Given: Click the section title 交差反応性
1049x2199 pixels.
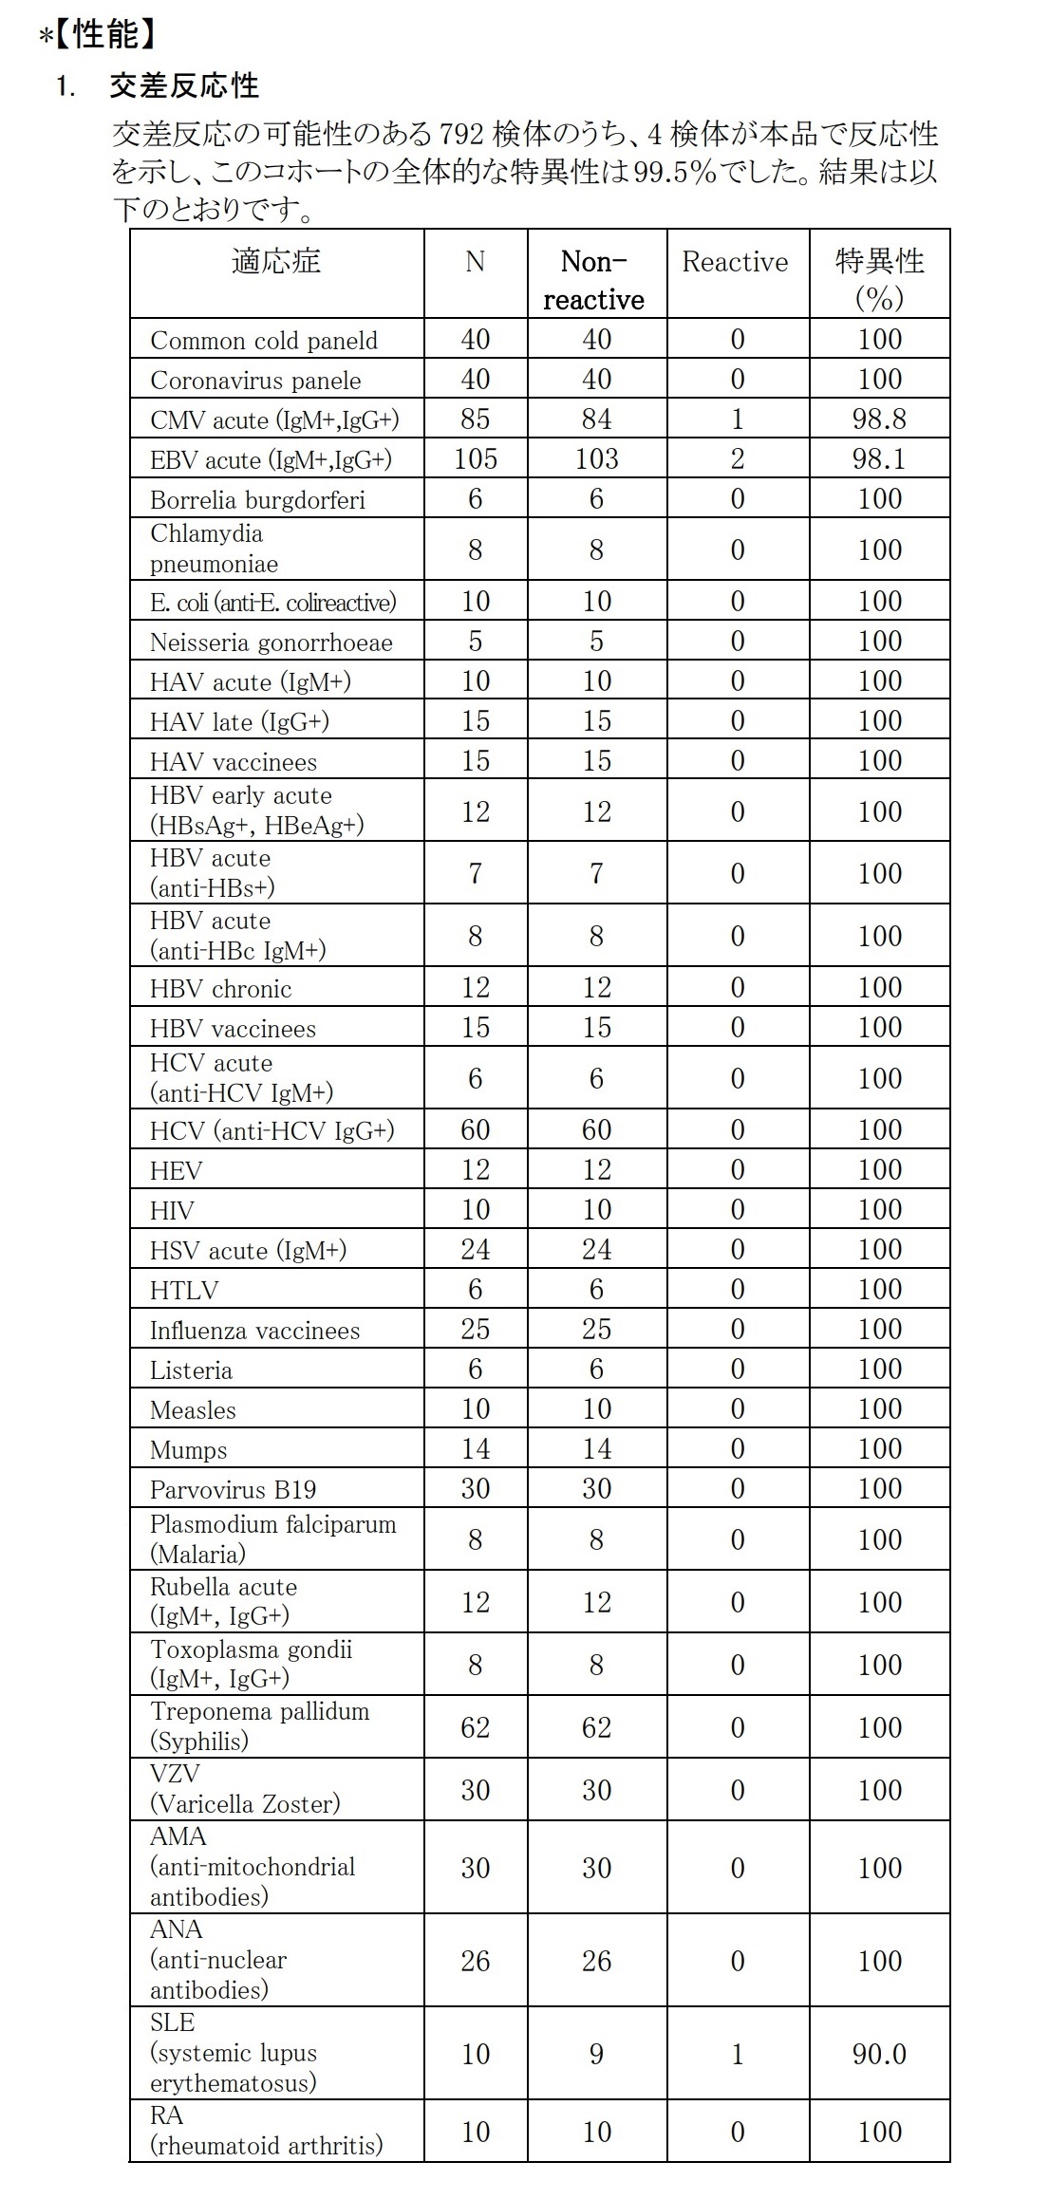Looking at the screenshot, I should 183,85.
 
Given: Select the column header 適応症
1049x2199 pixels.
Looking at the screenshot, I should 276,261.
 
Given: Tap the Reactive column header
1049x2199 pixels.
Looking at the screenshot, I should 736,263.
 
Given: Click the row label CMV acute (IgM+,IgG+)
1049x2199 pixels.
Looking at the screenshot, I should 274,419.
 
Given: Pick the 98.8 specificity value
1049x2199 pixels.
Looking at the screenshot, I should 879,419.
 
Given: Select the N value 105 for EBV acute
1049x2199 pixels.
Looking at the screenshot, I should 475,459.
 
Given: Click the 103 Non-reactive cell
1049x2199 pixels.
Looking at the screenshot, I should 596,459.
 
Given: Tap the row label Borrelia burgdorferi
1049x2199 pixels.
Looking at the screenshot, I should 257,500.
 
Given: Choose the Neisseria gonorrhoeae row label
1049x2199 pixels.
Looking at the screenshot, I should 271,643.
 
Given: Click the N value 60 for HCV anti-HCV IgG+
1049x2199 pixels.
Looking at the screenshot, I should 475,1130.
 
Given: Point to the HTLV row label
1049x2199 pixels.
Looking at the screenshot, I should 184,1291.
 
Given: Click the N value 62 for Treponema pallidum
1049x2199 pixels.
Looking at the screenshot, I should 475,1727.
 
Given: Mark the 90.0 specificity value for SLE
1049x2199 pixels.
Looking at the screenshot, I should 879,2054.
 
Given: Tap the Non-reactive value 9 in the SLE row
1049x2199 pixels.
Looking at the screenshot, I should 596,2054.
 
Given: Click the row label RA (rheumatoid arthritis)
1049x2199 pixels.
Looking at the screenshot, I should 266,2132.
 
